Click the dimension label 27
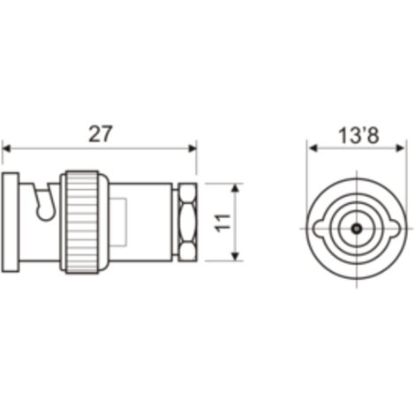pyautogui.click(x=101, y=134)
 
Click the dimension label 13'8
pyautogui.click(x=358, y=136)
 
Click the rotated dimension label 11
pyautogui.click(x=223, y=223)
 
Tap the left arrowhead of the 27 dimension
pyautogui.click(x=6, y=148)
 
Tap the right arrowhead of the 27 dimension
pyautogui.click(x=192, y=148)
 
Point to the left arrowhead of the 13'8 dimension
pyautogui.click(x=313, y=148)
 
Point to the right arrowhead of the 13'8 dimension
pyautogui.click(x=401, y=148)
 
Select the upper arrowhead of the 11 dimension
pyautogui.click(x=235, y=188)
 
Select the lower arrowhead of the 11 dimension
pyautogui.click(x=235, y=256)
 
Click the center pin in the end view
pyautogui.click(x=357, y=228)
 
